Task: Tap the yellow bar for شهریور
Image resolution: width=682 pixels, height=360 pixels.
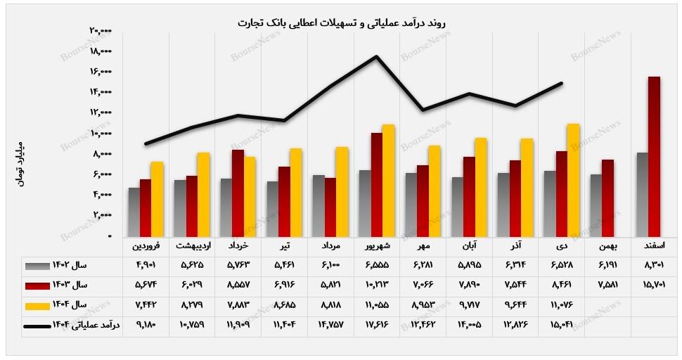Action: [x=388, y=181]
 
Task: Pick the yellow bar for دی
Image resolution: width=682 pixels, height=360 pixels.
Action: [x=573, y=180]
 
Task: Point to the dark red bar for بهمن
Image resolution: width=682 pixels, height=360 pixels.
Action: [x=607, y=198]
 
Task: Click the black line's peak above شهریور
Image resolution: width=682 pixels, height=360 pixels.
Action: [x=377, y=57]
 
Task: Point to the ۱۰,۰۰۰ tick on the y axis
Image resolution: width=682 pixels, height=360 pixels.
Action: [x=101, y=132]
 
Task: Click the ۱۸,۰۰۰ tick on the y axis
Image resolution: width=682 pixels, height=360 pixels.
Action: [x=101, y=51]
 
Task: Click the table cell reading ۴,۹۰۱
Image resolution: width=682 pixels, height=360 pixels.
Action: [x=146, y=266]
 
